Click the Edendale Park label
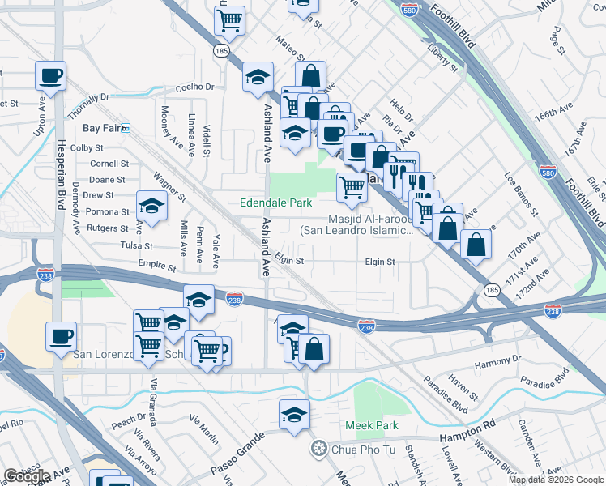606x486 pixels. pyautogui.click(x=276, y=202)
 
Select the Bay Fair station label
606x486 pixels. pyautogui.click(x=101, y=128)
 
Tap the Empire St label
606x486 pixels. pyautogui.click(x=157, y=266)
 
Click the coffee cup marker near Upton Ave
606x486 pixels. pyautogui.click(x=50, y=77)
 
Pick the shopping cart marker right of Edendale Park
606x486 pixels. pyautogui.click(x=351, y=187)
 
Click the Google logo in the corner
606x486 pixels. pyautogui.click(x=27, y=476)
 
